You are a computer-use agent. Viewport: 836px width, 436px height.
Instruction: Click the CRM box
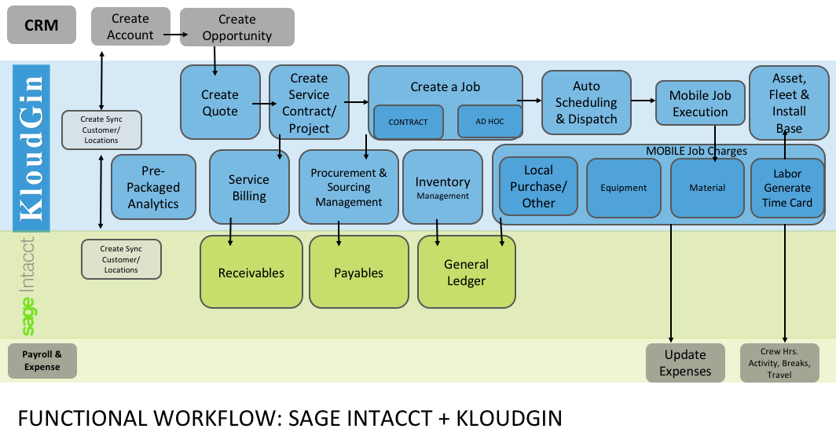[x=42, y=25]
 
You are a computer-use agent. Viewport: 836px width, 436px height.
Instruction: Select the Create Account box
[x=130, y=27]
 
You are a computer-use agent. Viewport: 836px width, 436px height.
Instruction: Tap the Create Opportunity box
[x=237, y=27]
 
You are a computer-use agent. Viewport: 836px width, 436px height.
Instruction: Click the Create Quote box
[x=220, y=102]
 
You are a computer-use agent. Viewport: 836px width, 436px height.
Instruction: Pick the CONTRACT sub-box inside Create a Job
[x=409, y=122]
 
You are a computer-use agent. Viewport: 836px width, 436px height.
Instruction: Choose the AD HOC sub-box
[x=489, y=122]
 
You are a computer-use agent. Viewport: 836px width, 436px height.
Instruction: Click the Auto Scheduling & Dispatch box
[x=586, y=102]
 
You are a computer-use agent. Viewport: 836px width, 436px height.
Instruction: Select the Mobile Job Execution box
[x=700, y=104]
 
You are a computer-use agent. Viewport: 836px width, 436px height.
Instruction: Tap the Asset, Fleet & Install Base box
[x=789, y=103]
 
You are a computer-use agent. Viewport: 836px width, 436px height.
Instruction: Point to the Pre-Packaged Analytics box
[x=153, y=187]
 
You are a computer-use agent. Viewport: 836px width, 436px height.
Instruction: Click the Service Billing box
[x=250, y=187]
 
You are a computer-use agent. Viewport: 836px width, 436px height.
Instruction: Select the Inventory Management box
[x=442, y=187]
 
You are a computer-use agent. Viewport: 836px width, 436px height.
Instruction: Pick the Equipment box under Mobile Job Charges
[x=624, y=188]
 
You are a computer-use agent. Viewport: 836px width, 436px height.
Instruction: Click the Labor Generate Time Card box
[x=787, y=189]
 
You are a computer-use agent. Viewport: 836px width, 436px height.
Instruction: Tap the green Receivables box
[x=251, y=272]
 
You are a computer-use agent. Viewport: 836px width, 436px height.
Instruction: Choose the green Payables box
[x=359, y=272]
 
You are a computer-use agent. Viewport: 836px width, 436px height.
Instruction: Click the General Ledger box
[x=467, y=272]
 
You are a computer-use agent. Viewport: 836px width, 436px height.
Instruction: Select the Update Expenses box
[x=685, y=363]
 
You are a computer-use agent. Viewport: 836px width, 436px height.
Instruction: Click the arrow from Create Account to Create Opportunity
[x=175, y=35]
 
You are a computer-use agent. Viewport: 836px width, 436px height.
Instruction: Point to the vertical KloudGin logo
[x=31, y=148]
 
